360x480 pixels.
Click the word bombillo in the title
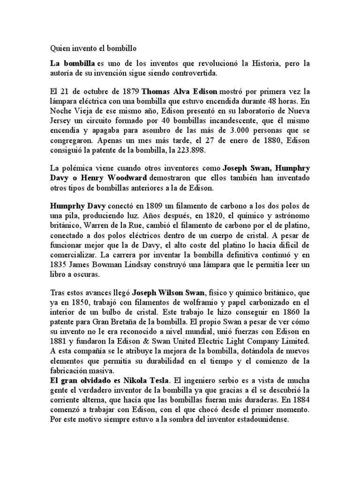click(121, 48)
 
